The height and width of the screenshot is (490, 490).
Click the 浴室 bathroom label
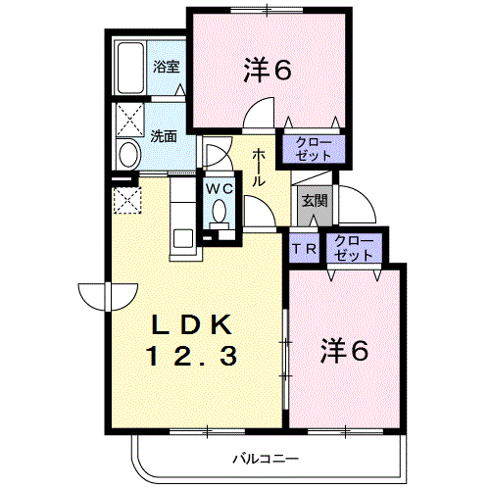167,67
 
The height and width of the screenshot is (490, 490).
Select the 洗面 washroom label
164,137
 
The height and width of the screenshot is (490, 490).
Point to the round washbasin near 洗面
128,155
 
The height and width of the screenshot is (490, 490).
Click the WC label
218,187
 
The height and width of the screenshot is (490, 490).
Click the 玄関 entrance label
314,201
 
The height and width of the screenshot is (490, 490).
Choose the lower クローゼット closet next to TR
354,247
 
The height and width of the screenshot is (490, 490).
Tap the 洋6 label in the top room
268,70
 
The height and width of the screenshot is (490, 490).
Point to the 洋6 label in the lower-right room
344,352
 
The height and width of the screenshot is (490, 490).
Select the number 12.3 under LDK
193,357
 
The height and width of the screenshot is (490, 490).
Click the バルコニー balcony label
266,458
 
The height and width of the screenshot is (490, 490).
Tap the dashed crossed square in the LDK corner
128,199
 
